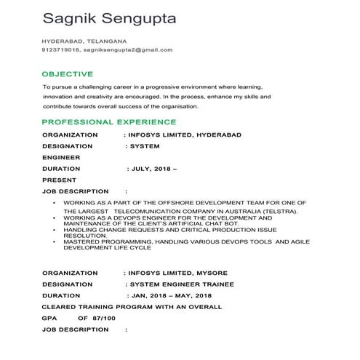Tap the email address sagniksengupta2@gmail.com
point(128,50)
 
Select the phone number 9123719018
point(60,50)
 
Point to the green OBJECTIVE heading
point(68,74)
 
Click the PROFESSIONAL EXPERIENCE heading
point(108,122)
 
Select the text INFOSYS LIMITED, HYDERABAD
point(185,135)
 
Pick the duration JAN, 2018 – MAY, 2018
point(170,296)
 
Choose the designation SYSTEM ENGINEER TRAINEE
point(179,284)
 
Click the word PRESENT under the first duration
point(59,180)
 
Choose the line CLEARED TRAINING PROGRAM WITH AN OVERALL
point(132,308)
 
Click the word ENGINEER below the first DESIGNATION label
point(61,157)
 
